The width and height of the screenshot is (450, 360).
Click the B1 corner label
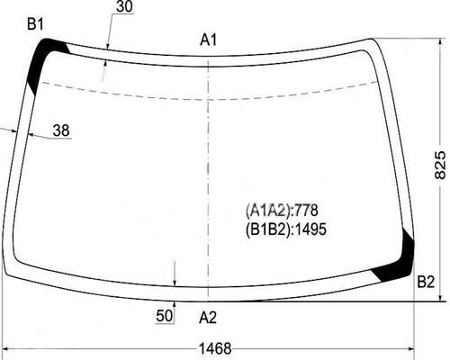coord(35,24)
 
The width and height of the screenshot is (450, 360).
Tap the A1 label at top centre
coord(208,40)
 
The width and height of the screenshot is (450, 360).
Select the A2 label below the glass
coord(208,318)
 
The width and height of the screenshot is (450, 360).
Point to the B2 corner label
coord(426,282)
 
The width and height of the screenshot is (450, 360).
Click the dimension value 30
coord(124,6)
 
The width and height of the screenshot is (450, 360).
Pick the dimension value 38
coord(61,130)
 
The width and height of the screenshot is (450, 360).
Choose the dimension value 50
coord(165,316)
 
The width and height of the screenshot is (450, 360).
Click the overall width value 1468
coord(215,349)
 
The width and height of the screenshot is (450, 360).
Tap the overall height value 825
coord(440,165)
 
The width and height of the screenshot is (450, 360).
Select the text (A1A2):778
coord(282,211)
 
